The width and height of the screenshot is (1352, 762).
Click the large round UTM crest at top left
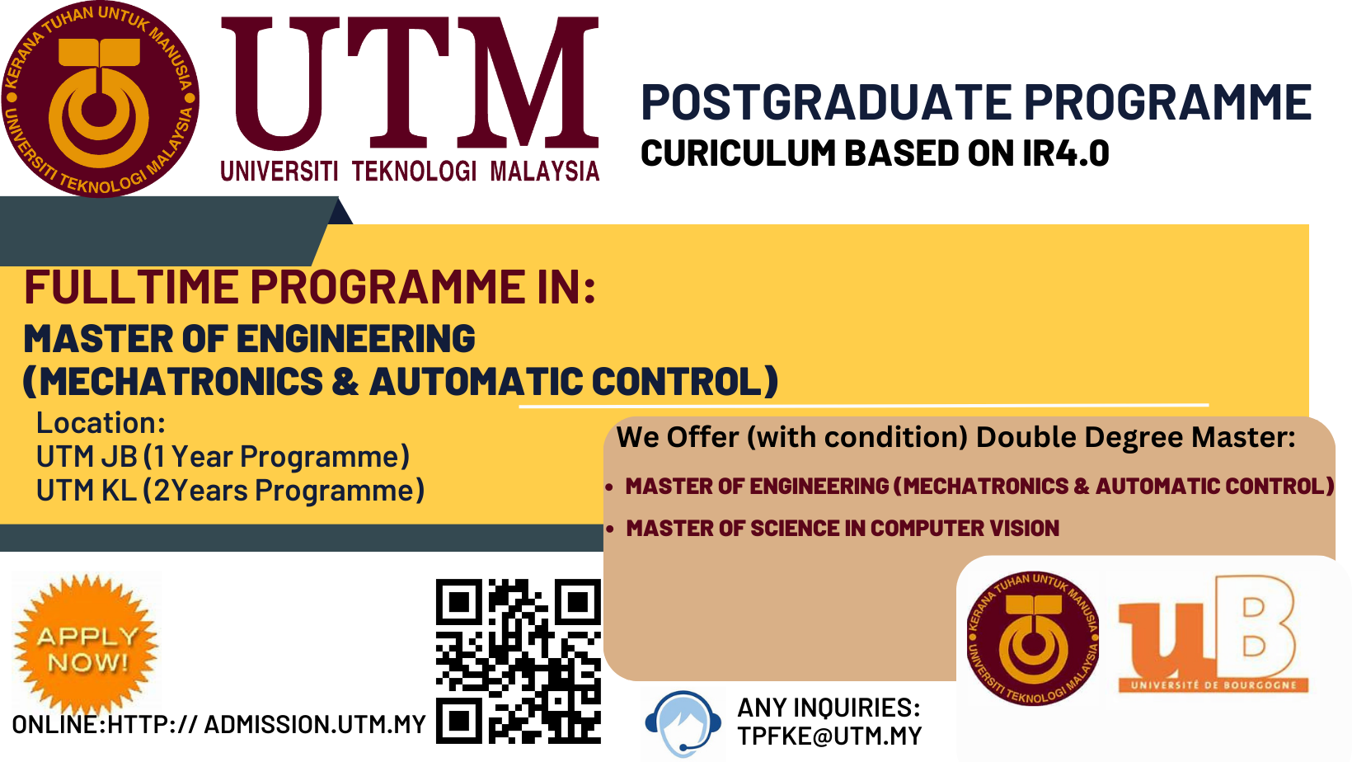pyautogui.click(x=101, y=98)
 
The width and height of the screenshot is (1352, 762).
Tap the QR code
pyautogui.click(x=519, y=661)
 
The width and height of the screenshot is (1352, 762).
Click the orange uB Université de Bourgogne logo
pyautogui.click(x=1214, y=634)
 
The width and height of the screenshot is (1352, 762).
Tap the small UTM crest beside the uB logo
pyautogui.click(x=1032, y=638)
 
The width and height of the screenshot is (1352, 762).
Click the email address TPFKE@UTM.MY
pyautogui.click(x=829, y=736)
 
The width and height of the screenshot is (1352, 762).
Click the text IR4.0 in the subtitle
pyautogui.click(x=1066, y=153)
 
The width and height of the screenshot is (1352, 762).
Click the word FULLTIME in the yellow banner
pyautogui.click(x=132, y=287)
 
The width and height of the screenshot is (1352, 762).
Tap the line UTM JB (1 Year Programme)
pyautogui.click(x=223, y=457)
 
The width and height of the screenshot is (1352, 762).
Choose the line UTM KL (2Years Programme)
pyautogui.click(x=230, y=491)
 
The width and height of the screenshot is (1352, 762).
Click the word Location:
pyautogui.click(x=101, y=423)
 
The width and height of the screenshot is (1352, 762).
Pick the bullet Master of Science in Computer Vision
pyautogui.click(x=843, y=529)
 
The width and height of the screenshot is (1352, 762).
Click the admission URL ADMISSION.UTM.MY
pyautogui.click(x=315, y=725)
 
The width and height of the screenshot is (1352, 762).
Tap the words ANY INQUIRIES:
pyautogui.click(x=829, y=708)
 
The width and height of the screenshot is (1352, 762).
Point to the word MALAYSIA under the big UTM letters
pyautogui.click(x=544, y=172)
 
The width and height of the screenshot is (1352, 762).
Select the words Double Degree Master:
pyautogui.click(x=1135, y=437)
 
